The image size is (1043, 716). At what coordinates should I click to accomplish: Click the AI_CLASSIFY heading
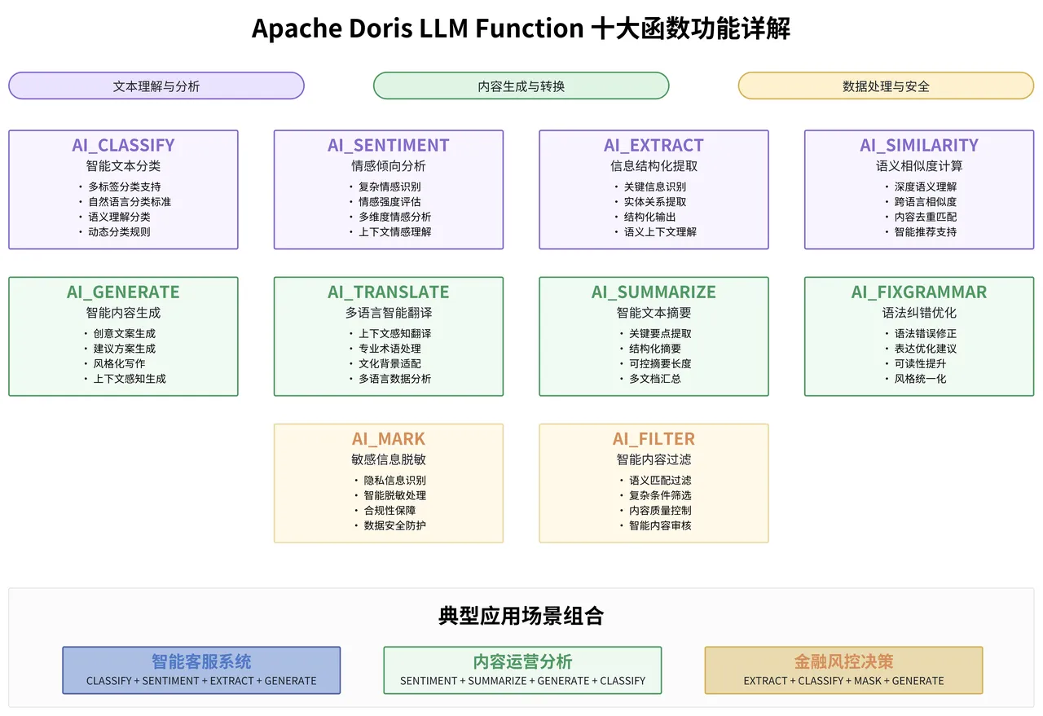pyautogui.click(x=123, y=145)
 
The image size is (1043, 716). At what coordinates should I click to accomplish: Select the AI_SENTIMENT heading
pyautogui.click(x=388, y=145)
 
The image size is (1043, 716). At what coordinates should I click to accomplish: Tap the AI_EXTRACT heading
pyautogui.click(x=654, y=145)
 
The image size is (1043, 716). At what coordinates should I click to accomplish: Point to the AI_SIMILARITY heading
pyautogui.click(x=919, y=145)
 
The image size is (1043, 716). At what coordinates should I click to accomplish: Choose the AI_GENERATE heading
pyautogui.click(x=123, y=292)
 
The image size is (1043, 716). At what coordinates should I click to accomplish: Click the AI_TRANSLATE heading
pyautogui.click(x=388, y=292)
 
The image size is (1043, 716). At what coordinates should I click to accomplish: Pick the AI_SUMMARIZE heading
pyautogui.click(x=654, y=292)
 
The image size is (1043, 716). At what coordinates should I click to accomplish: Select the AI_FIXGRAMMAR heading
pyautogui.click(x=919, y=292)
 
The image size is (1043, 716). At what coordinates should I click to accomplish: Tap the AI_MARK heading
pyautogui.click(x=388, y=438)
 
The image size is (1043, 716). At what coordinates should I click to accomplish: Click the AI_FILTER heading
pyautogui.click(x=654, y=438)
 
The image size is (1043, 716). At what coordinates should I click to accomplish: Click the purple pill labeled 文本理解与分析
pyautogui.click(x=156, y=86)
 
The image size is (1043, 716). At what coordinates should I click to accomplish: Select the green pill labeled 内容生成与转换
pyautogui.click(x=521, y=86)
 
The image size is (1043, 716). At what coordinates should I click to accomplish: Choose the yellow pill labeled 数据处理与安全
pyautogui.click(x=886, y=86)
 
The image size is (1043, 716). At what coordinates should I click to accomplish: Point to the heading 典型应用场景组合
pyautogui.click(x=521, y=616)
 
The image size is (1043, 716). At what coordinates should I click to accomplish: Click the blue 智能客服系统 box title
pyautogui.click(x=201, y=661)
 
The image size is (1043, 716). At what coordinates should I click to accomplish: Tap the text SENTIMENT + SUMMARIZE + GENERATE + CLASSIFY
pyautogui.click(x=522, y=681)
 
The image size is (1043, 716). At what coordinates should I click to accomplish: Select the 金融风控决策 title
pyautogui.click(x=843, y=661)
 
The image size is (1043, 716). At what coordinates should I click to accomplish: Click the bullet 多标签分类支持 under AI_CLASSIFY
pyautogui.click(x=125, y=187)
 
